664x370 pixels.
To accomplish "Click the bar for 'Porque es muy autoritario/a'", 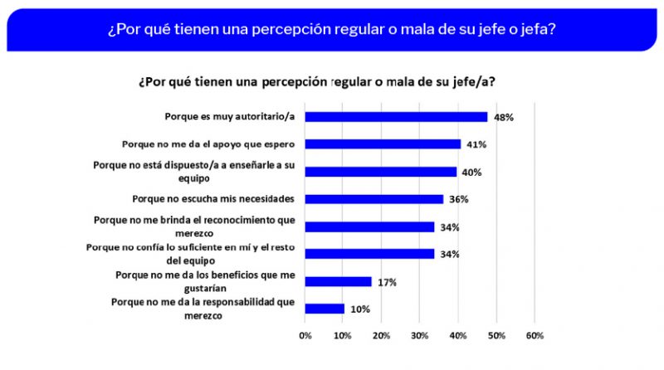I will (396, 117).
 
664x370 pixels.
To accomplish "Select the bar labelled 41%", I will (383, 144).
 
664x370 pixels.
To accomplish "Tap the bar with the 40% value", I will (381, 172).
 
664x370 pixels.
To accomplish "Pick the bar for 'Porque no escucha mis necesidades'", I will (374, 199).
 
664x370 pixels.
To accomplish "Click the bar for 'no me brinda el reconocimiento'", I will (369, 226).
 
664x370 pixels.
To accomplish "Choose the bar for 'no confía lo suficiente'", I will (369, 254).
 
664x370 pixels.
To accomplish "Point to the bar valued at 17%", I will (338, 281).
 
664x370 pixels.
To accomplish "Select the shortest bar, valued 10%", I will (325, 309).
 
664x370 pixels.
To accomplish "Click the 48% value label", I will (503, 117).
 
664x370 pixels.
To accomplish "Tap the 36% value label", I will (459, 199).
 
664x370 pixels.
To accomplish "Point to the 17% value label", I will (387, 282).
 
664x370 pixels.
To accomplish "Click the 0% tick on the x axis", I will (305, 335).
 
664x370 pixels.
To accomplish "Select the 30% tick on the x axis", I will (420, 335).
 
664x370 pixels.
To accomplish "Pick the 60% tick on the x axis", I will (535, 335).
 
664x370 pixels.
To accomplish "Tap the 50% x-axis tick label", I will (496, 335).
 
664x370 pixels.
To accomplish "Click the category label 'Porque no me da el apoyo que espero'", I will (207, 144).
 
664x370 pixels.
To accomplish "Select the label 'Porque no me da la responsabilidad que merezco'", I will (205, 309).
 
